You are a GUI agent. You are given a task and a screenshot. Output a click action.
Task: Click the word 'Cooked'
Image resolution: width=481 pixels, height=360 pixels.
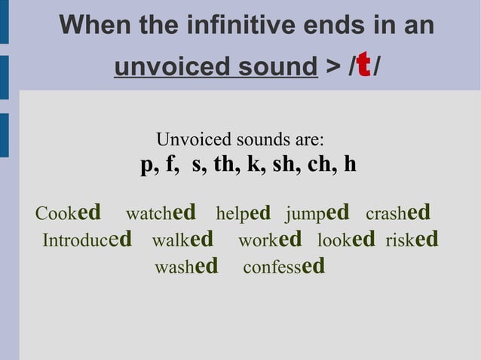68,213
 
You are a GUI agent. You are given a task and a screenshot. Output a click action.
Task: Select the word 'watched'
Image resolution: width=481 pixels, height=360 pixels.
161,213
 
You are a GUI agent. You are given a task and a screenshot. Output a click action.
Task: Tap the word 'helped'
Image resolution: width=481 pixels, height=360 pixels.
243,213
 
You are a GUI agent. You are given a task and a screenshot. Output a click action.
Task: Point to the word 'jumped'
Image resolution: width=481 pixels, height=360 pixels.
317,213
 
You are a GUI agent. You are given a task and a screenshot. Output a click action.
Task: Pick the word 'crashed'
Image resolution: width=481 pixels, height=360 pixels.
397,213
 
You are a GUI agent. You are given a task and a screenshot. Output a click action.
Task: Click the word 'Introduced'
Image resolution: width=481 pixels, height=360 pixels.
87,240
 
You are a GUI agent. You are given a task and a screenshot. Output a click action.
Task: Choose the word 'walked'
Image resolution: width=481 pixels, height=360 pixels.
182,240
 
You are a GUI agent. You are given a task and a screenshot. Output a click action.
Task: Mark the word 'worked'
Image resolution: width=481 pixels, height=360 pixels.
269,240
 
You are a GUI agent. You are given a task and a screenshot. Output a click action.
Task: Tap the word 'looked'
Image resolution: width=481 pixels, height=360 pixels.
346,240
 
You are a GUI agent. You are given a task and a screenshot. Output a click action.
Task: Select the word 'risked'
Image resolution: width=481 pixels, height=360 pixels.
412,240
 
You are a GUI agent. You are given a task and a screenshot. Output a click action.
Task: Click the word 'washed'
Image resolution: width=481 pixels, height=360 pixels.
186,267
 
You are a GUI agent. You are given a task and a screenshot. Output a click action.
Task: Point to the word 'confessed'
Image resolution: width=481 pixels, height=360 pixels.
284,267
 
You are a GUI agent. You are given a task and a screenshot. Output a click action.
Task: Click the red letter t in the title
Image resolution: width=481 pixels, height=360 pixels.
363,65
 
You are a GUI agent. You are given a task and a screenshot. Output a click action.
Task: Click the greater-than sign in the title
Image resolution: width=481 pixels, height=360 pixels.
332,67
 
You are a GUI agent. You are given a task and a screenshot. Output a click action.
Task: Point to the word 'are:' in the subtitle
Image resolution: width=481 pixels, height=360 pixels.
310,139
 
